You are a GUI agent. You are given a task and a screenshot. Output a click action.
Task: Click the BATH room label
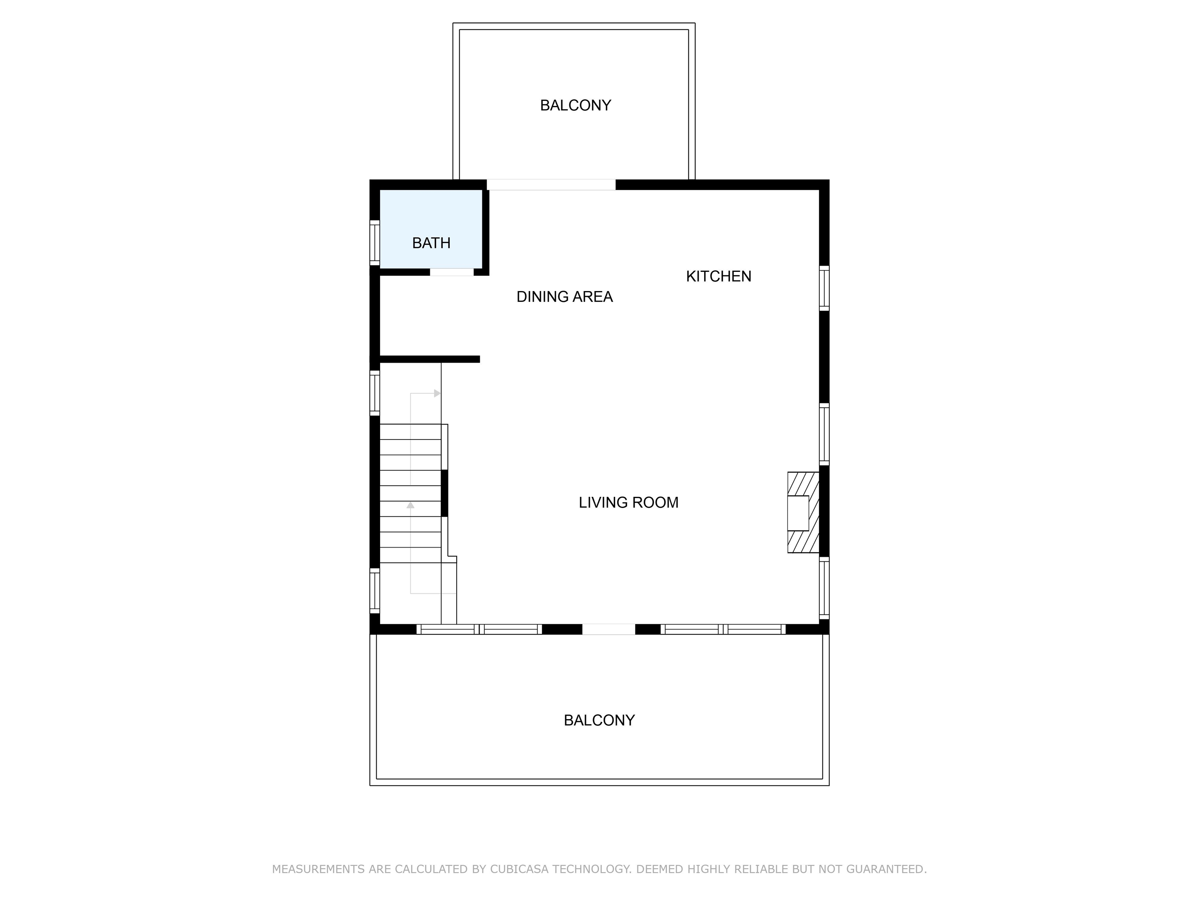[431, 243]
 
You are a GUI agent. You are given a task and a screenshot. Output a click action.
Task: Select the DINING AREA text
[564, 297]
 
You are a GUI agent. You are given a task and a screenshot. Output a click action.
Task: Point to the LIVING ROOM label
[628, 502]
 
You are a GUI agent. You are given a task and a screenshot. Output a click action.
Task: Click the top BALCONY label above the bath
[575, 105]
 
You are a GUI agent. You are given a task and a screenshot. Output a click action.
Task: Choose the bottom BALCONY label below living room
[599, 720]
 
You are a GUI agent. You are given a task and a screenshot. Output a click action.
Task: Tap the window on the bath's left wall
[374, 243]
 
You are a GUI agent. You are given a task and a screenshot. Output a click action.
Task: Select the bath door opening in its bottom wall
[452, 272]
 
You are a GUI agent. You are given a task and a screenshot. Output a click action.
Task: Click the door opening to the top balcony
[551, 184]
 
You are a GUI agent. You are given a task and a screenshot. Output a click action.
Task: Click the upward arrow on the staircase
[410, 505]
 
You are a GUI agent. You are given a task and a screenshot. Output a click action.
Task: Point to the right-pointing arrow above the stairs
[437, 393]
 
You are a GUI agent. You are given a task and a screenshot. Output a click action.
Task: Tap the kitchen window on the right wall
[824, 288]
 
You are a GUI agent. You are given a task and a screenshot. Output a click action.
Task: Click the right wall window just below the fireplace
[824, 587]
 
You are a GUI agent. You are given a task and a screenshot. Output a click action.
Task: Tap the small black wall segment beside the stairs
[444, 493]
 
